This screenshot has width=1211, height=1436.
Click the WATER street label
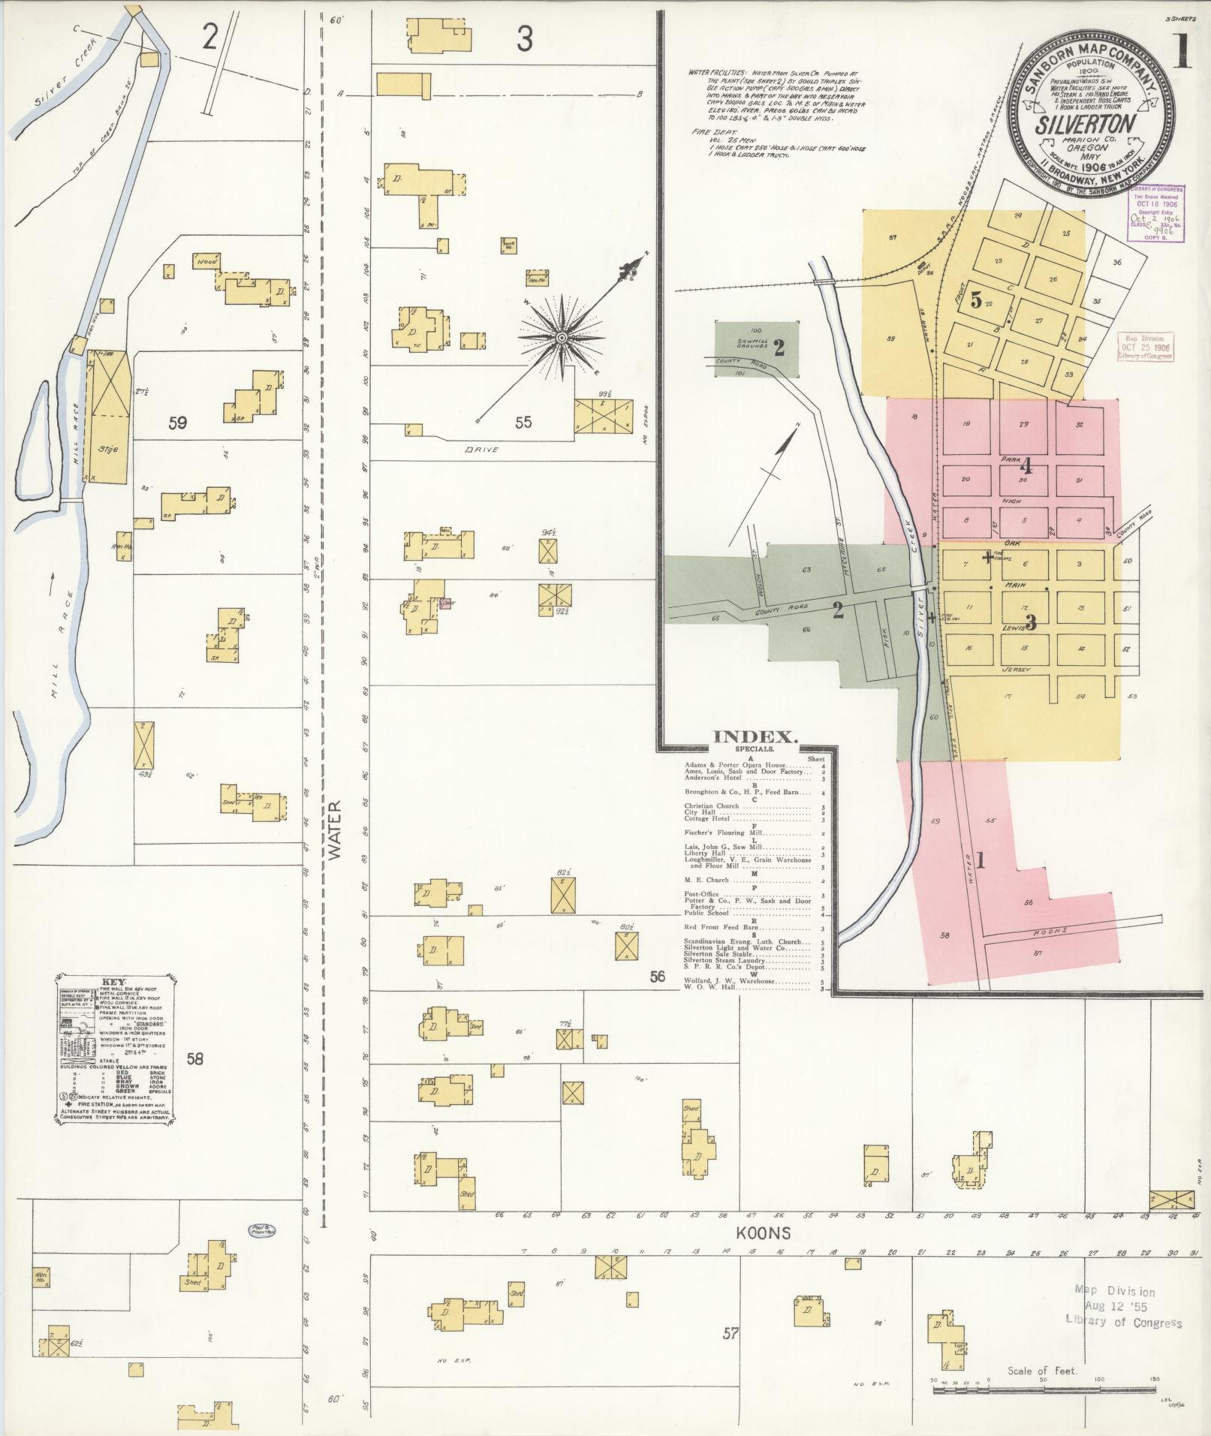(x=335, y=829)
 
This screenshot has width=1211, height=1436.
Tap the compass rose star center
(x=562, y=338)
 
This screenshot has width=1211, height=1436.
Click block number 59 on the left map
(x=178, y=423)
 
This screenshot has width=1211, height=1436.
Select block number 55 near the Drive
(x=523, y=423)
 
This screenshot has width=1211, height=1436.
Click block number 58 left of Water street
(x=194, y=1059)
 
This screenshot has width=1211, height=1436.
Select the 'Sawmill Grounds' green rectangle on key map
(x=757, y=348)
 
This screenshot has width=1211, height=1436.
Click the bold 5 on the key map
(x=976, y=300)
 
